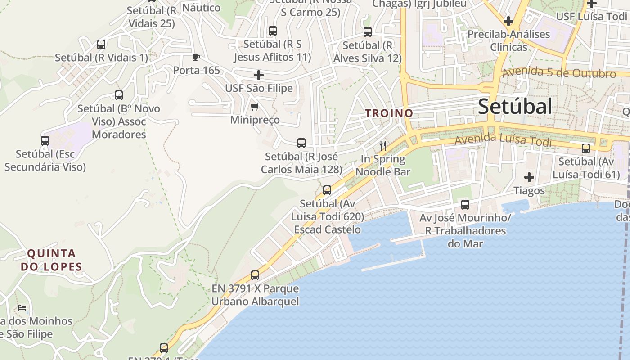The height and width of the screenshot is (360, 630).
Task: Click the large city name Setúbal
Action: tap(515, 107)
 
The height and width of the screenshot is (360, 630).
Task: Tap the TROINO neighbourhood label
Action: tap(389, 113)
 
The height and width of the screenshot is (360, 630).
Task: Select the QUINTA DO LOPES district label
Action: tap(51, 260)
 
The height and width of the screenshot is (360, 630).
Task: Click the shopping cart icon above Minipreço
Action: tap(254, 107)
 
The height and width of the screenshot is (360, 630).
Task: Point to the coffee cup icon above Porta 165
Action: tap(196, 57)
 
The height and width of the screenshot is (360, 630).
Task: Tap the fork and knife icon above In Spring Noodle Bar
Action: tap(383, 145)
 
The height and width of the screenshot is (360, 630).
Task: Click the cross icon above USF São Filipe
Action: tap(259, 75)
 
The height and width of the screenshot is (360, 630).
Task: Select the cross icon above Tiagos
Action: tap(529, 177)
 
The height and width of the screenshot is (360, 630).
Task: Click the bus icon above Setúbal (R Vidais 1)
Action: tap(101, 45)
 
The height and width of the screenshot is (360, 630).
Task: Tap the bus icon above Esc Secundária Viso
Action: tap(45, 141)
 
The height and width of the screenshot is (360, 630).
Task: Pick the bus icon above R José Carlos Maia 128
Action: tap(301, 143)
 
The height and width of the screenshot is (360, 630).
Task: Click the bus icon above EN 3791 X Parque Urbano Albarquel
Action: tap(255, 275)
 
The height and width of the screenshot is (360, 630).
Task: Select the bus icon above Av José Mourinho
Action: tap(465, 205)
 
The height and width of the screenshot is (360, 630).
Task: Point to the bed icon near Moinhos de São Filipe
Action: tap(22, 308)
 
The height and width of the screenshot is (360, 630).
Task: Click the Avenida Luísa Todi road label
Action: tap(503, 140)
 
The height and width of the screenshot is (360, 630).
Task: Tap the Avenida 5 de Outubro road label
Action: tap(559, 72)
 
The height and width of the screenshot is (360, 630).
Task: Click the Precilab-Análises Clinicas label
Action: tap(508, 40)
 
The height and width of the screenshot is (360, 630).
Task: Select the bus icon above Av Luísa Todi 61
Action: tap(586, 148)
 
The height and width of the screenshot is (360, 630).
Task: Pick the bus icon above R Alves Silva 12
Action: tap(368, 32)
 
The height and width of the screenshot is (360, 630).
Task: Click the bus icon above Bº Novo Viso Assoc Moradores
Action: tap(119, 95)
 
